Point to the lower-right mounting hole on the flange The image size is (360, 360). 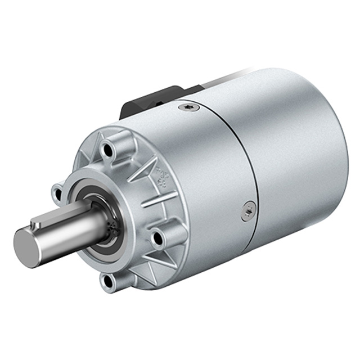pos(157,238)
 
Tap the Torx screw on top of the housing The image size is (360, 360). pos(188,106)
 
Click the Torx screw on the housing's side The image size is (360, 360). pos(248,211)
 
